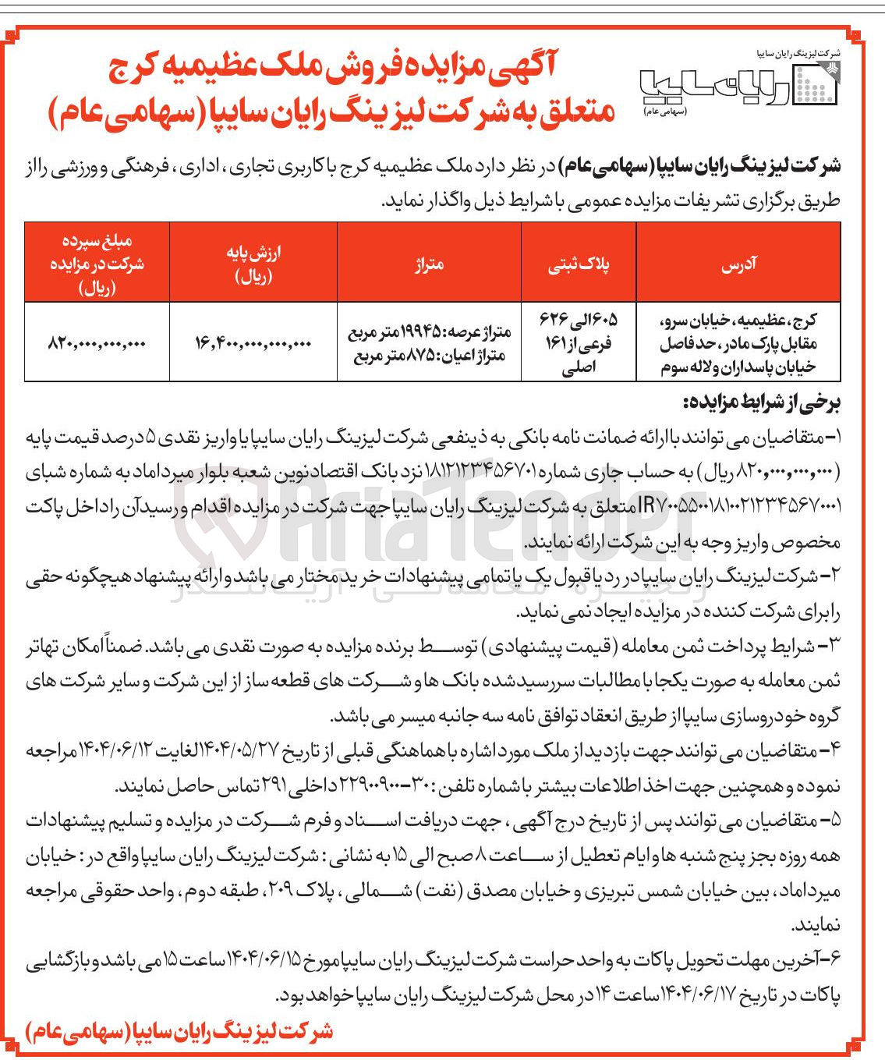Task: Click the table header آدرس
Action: pyautogui.click(x=738, y=264)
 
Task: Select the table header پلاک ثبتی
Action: pyautogui.click(x=579, y=264)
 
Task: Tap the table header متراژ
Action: pyautogui.click(x=429, y=264)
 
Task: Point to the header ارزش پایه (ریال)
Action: pyautogui.click(x=253, y=263)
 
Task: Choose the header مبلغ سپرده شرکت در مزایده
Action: pyautogui.click(x=97, y=263)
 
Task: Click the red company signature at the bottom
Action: pyautogui.click(x=179, y=1032)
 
